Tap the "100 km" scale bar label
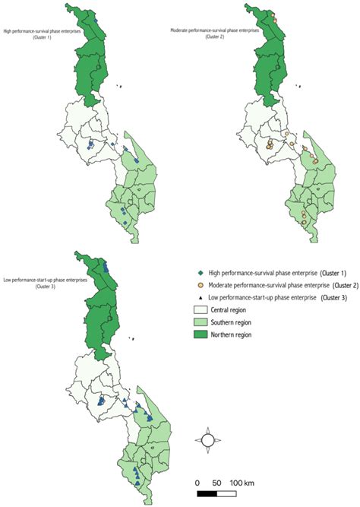point(240,483)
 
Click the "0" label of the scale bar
point(197,483)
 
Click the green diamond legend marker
point(199,273)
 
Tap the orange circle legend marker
point(199,285)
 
